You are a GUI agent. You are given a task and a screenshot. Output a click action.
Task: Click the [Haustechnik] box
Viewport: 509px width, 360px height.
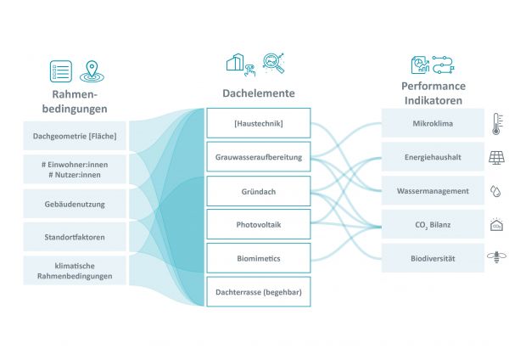260,123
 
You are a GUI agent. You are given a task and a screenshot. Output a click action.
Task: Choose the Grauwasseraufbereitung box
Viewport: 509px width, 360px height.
260,156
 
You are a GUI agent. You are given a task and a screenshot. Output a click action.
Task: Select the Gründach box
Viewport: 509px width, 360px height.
260,190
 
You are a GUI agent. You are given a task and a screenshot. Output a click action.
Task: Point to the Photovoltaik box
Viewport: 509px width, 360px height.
260,223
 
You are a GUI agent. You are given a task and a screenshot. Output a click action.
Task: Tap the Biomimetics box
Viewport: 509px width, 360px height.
260,256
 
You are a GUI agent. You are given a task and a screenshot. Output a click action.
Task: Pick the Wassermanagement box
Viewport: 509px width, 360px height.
433,190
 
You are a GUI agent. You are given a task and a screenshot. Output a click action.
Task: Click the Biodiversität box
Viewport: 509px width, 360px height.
433,256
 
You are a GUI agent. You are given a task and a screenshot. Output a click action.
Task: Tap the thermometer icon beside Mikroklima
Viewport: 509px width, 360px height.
496,124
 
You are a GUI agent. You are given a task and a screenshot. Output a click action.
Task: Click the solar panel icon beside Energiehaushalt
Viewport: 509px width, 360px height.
496,157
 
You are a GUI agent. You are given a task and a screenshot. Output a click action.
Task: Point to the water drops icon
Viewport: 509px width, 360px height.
496,191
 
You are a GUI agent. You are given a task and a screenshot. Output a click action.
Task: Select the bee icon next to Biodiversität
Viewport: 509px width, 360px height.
496,257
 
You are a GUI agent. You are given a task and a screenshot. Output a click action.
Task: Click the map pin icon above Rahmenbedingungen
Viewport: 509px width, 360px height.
89,70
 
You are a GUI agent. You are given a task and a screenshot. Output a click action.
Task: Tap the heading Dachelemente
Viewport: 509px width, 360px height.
260,93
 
